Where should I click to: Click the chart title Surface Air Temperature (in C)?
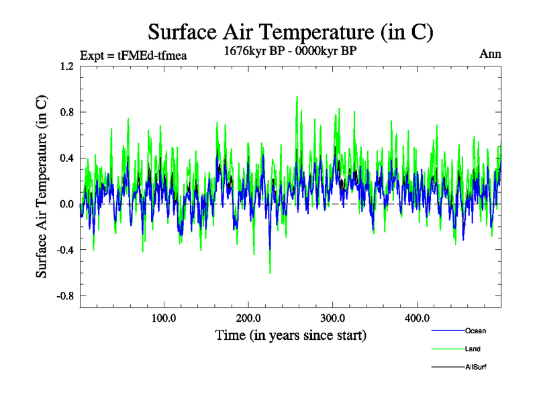[291, 32]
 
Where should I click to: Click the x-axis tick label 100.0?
[164, 318]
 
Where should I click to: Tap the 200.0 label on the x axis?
[248, 318]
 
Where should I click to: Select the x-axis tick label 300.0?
[333, 318]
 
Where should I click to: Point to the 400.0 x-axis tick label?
[418, 318]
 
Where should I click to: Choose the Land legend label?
[473, 349]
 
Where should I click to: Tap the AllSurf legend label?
[475, 367]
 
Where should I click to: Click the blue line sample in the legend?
[446, 330]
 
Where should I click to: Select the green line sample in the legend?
[446, 349]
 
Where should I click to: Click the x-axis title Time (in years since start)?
[291, 334]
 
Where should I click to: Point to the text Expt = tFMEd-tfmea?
[132, 55]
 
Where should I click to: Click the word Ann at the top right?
[490, 54]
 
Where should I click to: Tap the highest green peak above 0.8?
[297, 97]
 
